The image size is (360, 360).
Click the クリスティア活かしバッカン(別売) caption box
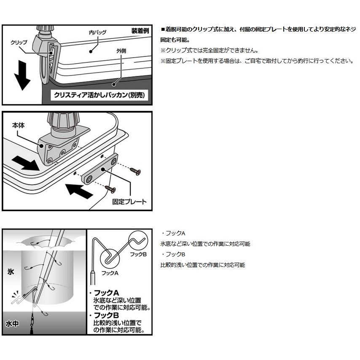click(99, 95)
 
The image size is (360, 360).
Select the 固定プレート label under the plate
click(129, 201)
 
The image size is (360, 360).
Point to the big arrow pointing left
click(79, 192)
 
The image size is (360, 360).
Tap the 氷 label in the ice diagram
click(11, 272)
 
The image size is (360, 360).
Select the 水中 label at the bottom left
click(12, 324)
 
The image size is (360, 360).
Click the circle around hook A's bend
click(110, 258)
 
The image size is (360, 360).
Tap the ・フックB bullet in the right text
click(173, 254)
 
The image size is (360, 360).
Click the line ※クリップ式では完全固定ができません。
click(210, 51)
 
